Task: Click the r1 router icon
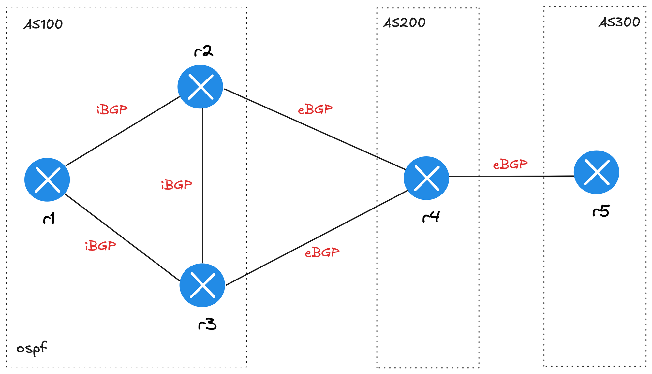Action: tap(47, 180)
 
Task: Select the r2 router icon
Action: tap(200, 87)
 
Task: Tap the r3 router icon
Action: tap(202, 285)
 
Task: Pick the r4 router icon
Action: tap(426, 178)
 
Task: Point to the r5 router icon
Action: tap(596, 172)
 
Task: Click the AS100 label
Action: tap(43, 24)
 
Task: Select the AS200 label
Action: tap(404, 23)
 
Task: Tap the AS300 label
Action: tap(619, 22)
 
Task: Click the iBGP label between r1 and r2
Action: tap(112, 110)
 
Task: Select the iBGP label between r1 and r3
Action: tap(100, 246)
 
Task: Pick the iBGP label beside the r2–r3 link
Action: tap(176, 185)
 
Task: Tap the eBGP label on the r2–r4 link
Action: tap(315, 109)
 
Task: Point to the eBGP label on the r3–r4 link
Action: tap(322, 252)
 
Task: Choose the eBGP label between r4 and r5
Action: tap(510, 164)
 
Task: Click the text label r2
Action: tap(204, 51)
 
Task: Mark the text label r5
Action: tap(601, 211)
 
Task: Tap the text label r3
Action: tap(207, 324)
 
